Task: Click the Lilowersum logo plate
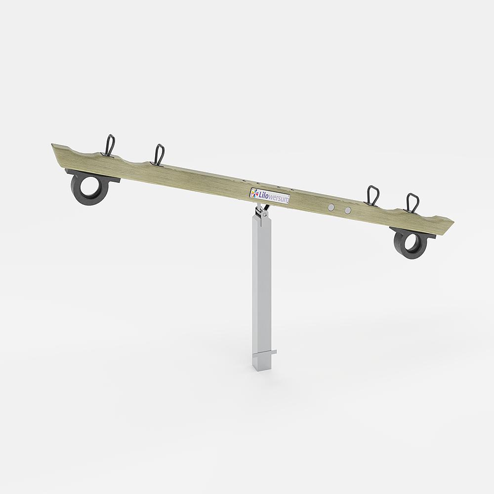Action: coord(270,196)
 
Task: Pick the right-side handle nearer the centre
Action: coord(373,196)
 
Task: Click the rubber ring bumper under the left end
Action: coord(90,187)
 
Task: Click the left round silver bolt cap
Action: coord(331,207)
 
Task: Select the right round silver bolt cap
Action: coord(347,210)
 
